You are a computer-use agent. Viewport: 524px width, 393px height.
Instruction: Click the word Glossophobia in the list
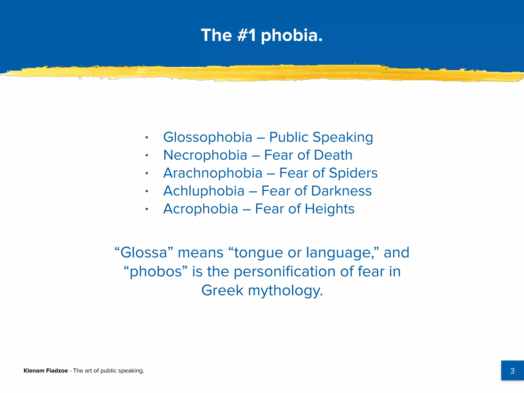[x=208, y=137]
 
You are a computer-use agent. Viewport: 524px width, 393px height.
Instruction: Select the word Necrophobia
[x=205, y=155]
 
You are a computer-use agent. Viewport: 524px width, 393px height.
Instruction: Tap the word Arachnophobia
[x=213, y=173]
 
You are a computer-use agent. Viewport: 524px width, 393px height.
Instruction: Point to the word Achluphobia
[x=204, y=191]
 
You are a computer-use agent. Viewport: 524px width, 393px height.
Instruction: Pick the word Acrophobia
[x=201, y=209]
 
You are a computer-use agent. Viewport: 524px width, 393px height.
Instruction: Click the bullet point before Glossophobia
[x=147, y=138]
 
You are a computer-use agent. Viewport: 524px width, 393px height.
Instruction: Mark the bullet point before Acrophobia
[x=147, y=209]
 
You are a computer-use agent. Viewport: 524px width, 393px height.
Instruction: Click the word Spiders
[x=353, y=173]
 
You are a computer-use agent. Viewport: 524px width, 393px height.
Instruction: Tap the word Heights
[x=330, y=209]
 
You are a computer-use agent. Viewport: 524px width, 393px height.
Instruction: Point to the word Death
[x=333, y=155]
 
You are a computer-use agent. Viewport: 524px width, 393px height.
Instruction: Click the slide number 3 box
[x=512, y=370]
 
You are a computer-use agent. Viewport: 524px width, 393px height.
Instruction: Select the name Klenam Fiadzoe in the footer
[x=46, y=370]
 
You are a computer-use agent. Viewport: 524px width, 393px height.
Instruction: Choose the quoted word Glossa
[x=144, y=253]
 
